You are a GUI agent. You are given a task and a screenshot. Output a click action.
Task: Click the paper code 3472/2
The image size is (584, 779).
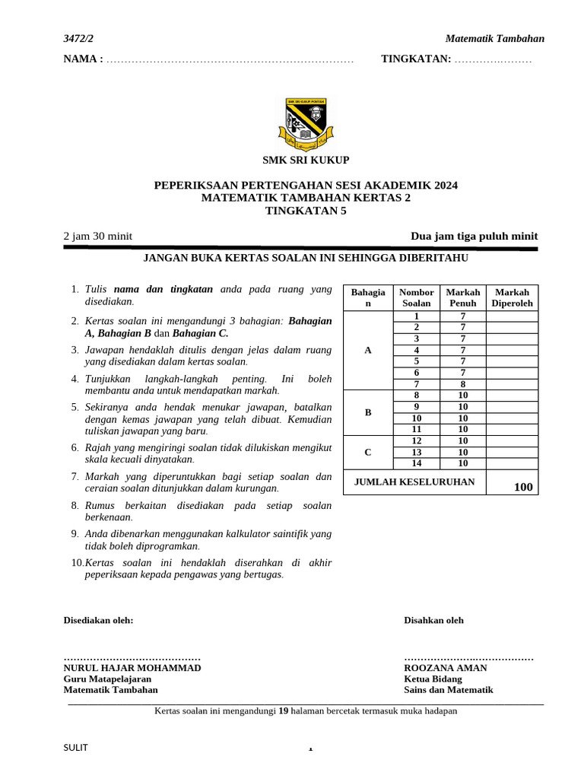80,39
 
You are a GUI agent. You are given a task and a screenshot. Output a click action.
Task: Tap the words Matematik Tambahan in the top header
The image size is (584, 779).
494,39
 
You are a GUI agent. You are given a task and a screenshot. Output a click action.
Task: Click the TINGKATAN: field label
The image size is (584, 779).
416,59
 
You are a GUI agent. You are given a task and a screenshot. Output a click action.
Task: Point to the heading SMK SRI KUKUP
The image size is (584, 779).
306,160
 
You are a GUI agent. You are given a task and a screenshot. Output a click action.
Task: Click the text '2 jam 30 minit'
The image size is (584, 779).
97,236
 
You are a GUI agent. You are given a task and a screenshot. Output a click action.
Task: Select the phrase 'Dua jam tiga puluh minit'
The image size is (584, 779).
474,236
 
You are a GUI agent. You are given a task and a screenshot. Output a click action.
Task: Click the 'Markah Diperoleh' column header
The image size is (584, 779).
513,297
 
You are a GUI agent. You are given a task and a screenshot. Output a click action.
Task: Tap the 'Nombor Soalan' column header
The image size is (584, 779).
416,297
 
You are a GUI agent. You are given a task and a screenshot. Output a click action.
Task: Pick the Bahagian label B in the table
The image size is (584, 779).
368,412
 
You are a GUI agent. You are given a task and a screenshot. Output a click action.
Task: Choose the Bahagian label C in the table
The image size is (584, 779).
368,452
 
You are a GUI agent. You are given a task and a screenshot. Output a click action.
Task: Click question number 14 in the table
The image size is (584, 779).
416,463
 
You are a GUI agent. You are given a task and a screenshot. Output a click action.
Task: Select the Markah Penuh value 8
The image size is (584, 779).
462,384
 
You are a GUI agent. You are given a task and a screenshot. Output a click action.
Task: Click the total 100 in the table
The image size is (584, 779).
523,487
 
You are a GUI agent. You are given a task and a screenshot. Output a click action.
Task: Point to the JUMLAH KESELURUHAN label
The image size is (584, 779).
414,482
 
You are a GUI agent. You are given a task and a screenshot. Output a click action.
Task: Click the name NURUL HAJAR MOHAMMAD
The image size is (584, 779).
132,668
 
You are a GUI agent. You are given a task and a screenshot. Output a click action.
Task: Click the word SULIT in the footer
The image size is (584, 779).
75,748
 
